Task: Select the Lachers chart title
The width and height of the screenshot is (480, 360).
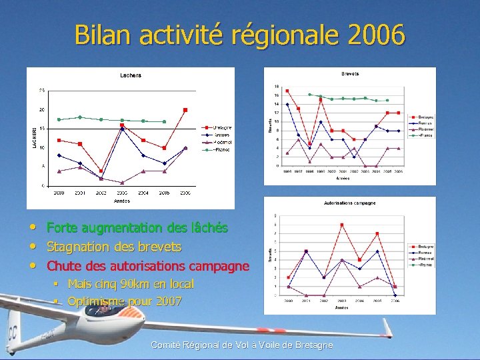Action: (x=131, y=75)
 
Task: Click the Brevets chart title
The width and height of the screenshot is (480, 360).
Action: (x=350, y=73)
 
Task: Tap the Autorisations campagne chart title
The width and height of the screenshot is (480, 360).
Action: (x=349, y=203)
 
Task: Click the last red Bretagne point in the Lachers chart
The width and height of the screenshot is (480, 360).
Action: (x=185, y=110)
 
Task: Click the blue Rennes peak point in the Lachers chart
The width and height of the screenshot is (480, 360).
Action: (x=122, y=129)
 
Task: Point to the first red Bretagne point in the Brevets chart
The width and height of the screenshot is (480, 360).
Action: (x=287, y=91)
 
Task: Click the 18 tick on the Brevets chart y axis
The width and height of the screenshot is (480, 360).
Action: (x=277, y=87)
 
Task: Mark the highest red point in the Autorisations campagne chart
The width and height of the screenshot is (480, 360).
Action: (x=341, y=225)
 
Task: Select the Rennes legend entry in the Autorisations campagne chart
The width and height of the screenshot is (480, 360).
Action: (x=424, y=253)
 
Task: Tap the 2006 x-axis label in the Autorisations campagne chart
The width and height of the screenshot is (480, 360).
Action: (x=395, y=301)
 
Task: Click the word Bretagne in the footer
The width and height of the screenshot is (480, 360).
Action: (x=313, y=345)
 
